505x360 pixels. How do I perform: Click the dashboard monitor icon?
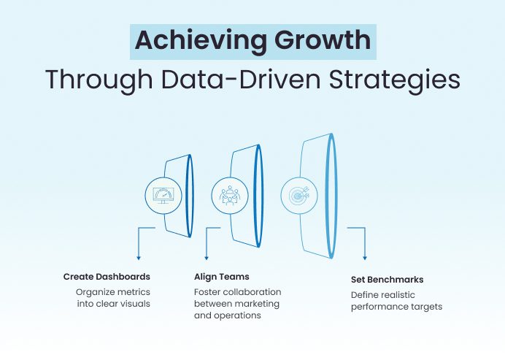click(x=163, y=195)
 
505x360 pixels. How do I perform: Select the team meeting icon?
click(x=229, y=195)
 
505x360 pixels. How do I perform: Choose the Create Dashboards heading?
click(x=107, y=277)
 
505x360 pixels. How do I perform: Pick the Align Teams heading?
click(x=221, y=277)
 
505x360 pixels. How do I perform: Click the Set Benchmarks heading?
click(x=387, y=279)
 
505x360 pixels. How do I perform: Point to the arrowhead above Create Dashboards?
click(x=138, y=258)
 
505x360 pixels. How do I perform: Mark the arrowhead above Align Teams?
click(x=207, y=258)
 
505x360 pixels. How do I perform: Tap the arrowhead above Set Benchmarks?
click(x=364, y=258)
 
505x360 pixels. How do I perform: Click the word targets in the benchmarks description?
click(x=426, y=307)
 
